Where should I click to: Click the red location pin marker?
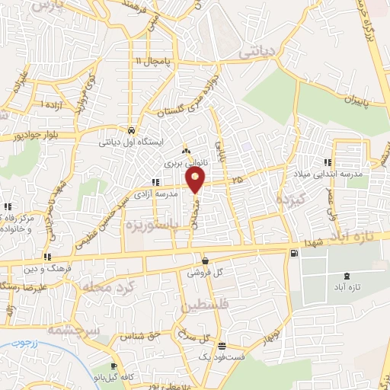point(196,180)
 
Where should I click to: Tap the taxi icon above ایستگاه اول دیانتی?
point(133,129)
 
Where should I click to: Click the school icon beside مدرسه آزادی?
point(155,182)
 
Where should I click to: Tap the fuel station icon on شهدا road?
point(293,253)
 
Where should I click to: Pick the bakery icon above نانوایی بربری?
point(187,152)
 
